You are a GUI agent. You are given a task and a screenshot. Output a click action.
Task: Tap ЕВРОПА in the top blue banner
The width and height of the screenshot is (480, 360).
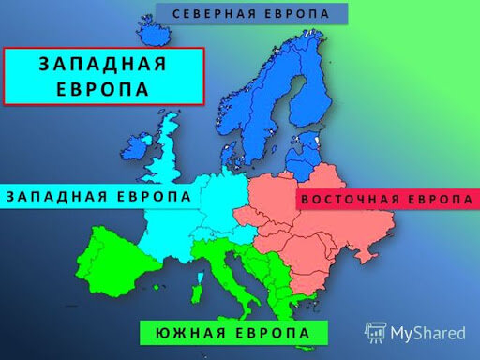click(293, 14)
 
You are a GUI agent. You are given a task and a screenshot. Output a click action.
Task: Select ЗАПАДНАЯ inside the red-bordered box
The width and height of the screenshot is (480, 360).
click(103, 64)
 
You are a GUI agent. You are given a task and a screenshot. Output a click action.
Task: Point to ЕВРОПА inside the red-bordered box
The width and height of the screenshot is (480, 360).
click(103, 88)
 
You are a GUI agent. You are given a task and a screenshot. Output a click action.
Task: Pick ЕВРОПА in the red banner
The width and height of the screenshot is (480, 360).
click(438, 201)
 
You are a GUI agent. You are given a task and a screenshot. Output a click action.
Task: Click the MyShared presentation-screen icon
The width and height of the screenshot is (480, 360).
click(375, 332)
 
